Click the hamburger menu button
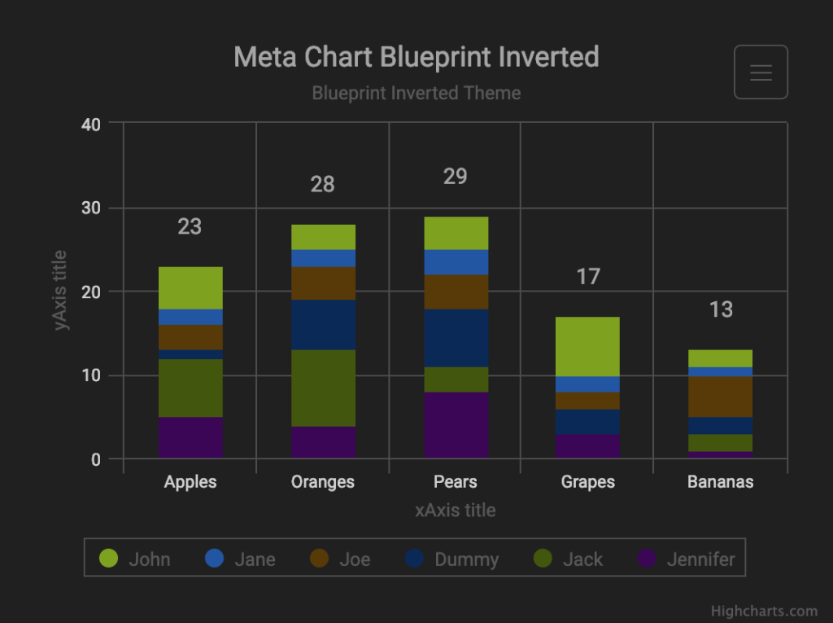click(x=761, y=72)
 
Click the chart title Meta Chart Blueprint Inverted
click(x=416, y=57)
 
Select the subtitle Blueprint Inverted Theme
click(x=416, y=93)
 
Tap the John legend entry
click(x=135, y=559)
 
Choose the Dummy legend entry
click(x=451, y=559)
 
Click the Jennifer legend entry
click(x=686, y=559)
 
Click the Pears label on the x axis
click(x=455, y=481)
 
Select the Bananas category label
click(x=720, y=481)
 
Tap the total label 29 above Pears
click(x=455, y=177)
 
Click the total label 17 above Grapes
click(x=587, y=277)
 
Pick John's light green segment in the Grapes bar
click(x=587, y=346)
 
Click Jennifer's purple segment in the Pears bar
click(x=455, y=425)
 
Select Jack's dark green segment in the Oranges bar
click(x=323, y=388)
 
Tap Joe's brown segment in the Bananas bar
click(x=720, y=397)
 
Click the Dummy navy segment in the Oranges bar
click(x=323, y=324)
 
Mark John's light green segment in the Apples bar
click(x=190, y=287)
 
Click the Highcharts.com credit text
click(x=764, y=611)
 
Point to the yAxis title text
click(x=60, y=290)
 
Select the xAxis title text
click(x=455, y=511)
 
